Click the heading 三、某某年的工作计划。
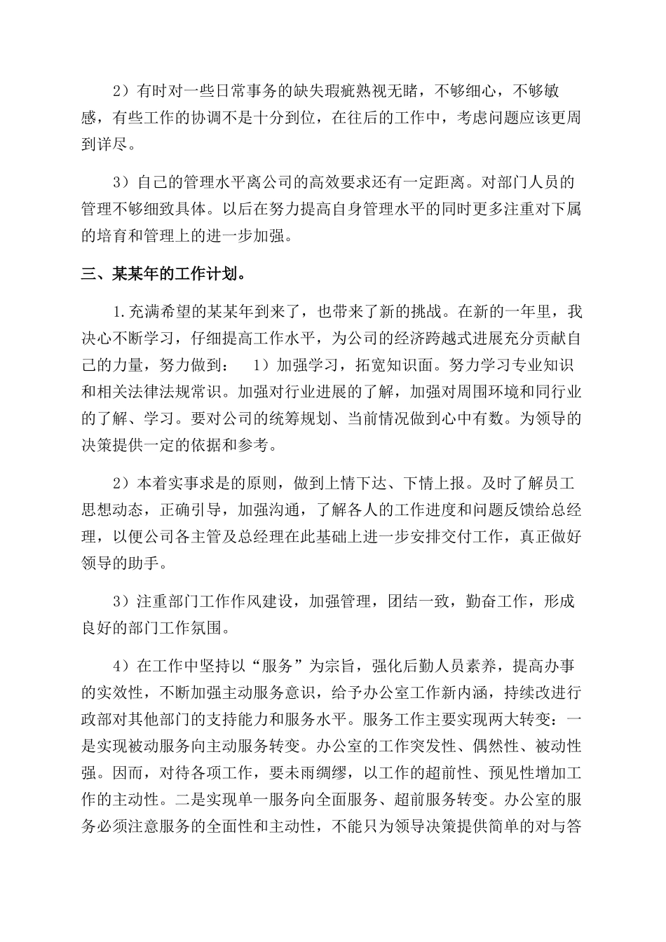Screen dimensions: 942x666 pos(163,273)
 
